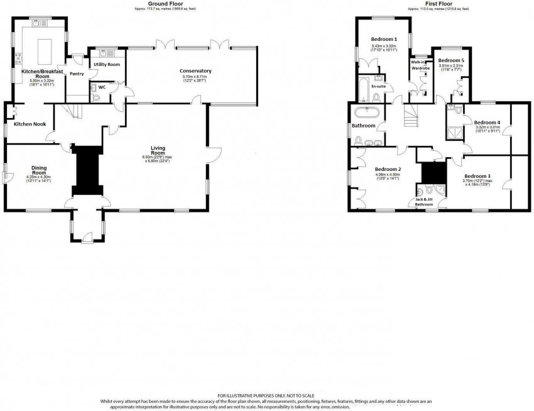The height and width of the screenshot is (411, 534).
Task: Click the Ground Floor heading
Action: point(161,4)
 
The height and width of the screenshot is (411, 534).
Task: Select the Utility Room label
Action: point(106,65)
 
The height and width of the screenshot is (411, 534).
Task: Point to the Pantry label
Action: point(77,74)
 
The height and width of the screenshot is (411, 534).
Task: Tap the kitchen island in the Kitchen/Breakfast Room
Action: point(45,48)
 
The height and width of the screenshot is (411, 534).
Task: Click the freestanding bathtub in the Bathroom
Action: point(363,113)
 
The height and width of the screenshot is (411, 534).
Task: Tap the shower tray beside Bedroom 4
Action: point(454,133)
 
